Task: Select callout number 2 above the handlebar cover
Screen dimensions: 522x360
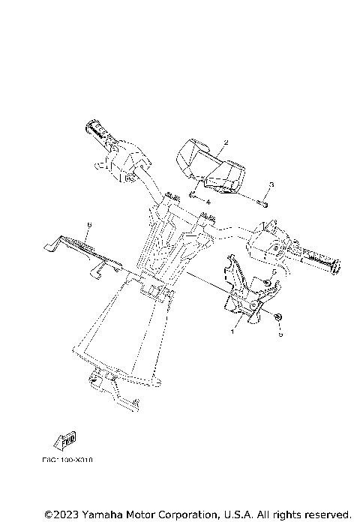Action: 205,142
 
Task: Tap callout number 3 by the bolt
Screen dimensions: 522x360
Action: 271,184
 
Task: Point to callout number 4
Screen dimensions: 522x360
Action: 208,202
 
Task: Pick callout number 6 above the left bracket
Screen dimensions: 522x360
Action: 89,224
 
